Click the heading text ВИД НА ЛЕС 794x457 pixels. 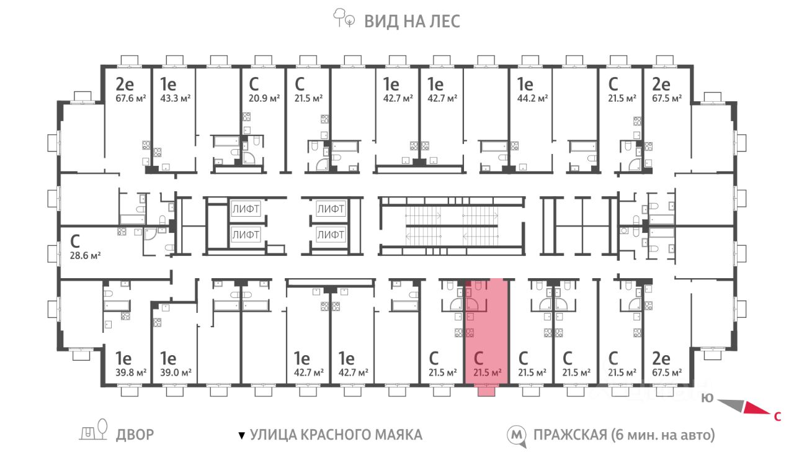(x=412, y=21)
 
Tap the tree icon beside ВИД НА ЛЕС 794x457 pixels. (x=344, y=18)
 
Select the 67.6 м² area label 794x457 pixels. (x=131, y=98)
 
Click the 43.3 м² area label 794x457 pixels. (x=176, y=98)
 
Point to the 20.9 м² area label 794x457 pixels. (x=264, y=98)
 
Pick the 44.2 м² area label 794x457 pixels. (x=532, y=98)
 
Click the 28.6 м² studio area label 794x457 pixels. (x=85, y=255)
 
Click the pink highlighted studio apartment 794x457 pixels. (x=487, y=332)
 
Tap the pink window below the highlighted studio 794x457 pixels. (x=486, y=391)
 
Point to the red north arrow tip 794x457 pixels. (x=770, y=414)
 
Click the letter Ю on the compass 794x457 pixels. (x=707, y=398)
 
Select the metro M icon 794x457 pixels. (x=516, y=435)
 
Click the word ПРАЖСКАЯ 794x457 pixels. (x=570, y=435)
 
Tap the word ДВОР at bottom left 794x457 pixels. (x=135, y=435)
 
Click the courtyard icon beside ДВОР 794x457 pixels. (x=93, y=430)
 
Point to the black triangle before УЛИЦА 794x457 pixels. (x=242, y=436)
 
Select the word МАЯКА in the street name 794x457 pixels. (x=398, y=435)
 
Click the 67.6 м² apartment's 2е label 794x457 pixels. (x=125, y=84)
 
